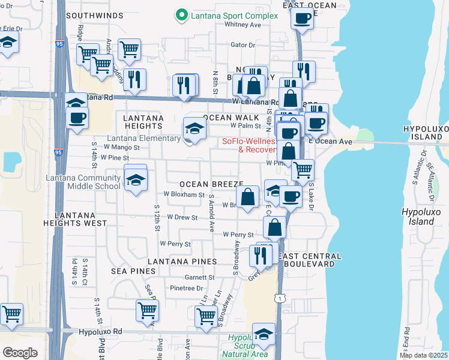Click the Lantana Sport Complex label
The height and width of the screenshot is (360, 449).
tap(234, 16)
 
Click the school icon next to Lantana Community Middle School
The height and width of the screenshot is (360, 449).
tap(136, 180)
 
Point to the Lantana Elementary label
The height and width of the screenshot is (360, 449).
tap(143, 139)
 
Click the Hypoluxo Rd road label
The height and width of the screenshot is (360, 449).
tap(100, 331)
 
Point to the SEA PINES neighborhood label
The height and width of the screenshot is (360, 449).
tap(133, 271)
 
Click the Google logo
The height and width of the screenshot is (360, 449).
tap(20, 353)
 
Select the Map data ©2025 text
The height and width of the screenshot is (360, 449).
tap(423, 355)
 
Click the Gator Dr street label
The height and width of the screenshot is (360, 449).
tap(243, 44)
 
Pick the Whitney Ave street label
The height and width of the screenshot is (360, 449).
tap(243, 25)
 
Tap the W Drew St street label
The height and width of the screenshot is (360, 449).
tap(182, 217)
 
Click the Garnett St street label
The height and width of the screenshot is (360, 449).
tap(199, 277)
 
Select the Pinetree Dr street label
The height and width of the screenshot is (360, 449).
tap(187, 289)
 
